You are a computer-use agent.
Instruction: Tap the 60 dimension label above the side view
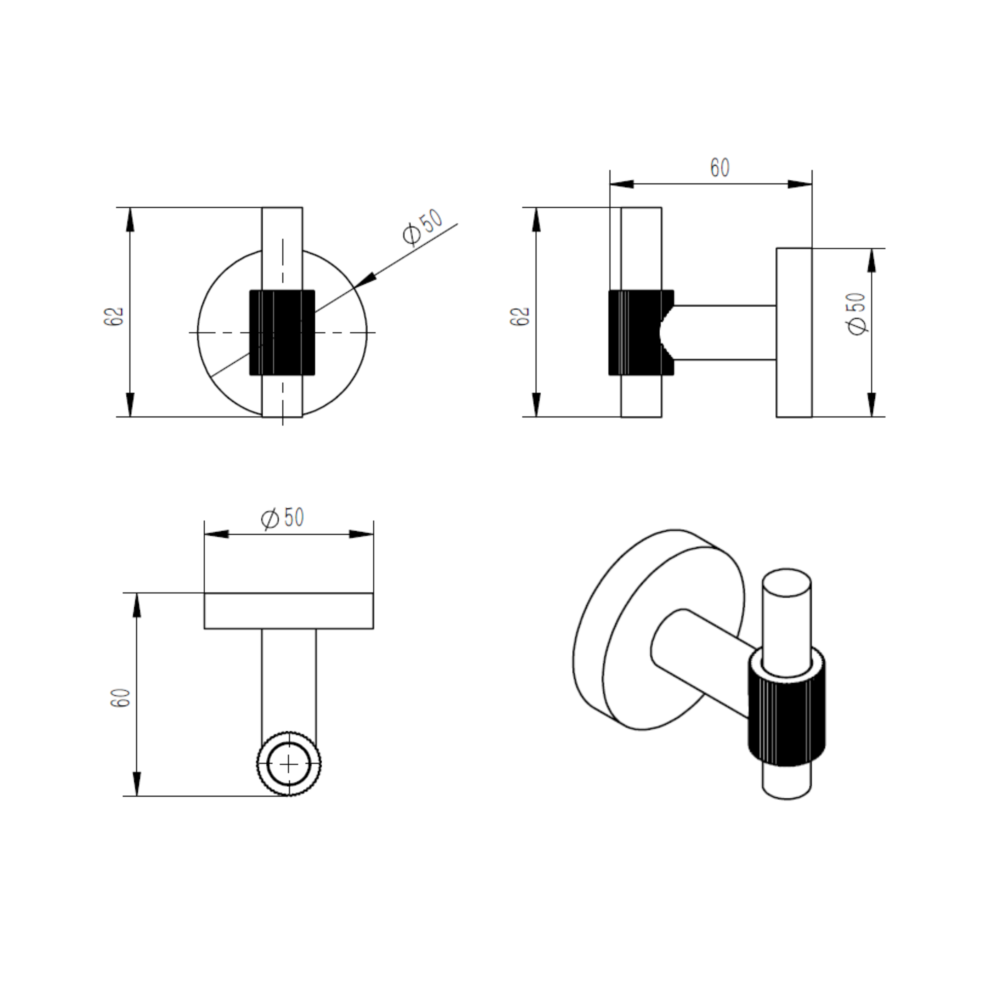(720, 168)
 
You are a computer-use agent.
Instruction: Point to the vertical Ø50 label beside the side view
(857, 314)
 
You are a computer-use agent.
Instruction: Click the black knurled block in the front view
(282, 333)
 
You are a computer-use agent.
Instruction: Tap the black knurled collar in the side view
(641, 333)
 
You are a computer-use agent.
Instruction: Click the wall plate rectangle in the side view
(794, 333)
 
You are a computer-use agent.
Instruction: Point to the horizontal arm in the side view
(725, 333)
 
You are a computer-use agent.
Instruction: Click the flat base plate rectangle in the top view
(289, 610)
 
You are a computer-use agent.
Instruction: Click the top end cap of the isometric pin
(787, 582)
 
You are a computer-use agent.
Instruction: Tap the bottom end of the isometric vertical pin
(787, 790)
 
